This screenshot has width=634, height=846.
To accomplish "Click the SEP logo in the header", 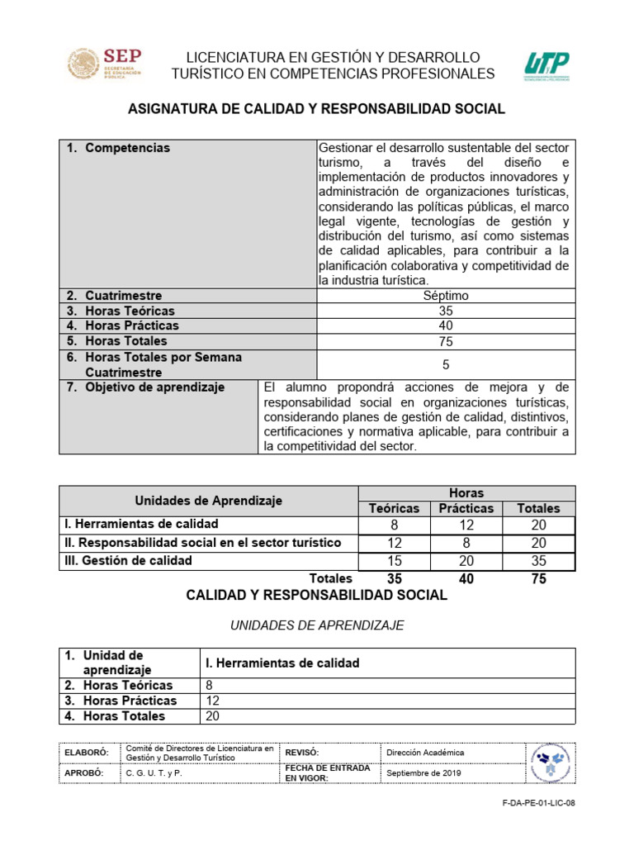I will point(104,64).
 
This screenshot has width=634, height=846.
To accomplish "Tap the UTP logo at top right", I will point(546,67).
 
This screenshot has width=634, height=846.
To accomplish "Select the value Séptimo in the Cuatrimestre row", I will point(445,296).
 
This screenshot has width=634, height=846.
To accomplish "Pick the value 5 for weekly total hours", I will point(445,364).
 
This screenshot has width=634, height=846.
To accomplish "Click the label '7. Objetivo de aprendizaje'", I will point(145,387).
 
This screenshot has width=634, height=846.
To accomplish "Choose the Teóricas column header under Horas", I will point(394,509).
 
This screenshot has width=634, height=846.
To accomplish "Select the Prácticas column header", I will point(466,509).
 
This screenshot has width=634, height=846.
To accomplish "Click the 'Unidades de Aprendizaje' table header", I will point(208,501).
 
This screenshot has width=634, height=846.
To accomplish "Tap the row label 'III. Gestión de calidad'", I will point(128,560).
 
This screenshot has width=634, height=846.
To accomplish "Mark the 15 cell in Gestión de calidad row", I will point(394,561).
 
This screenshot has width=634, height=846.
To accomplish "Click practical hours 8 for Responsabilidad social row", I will point(466,543).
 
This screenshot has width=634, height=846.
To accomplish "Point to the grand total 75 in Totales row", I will point(538,579).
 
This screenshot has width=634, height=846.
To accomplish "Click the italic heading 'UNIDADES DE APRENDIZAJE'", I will point(317,625).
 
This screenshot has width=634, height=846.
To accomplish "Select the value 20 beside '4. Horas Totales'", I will point(212,716).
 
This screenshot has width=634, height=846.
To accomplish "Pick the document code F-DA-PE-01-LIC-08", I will point(537,801).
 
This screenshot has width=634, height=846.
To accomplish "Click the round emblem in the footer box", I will point(550,763).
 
